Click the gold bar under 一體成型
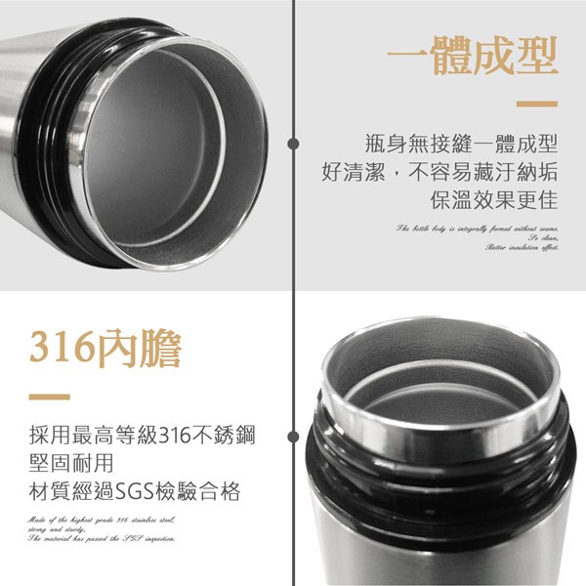point(536,104)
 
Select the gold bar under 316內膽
point(50,397)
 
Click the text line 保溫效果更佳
point(493,200)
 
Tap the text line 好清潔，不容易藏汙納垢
point(439,172)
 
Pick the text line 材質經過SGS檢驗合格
point(136,489)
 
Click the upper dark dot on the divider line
point(293,144)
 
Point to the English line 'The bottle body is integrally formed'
point(477,228)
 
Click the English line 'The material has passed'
point(102,538)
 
